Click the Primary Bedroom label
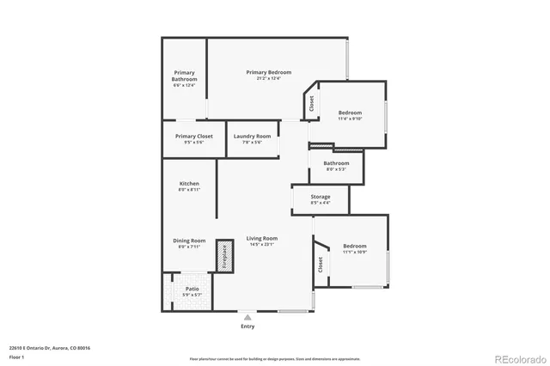pos(268,72)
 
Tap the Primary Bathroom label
pos(185,76)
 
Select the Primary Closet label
pos(193,137)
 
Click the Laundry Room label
pos(252,137)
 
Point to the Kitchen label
pos(189,185)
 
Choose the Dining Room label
pos(189,241)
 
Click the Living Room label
pos(262,238)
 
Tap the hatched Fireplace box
pos(224,255)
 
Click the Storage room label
pos(320,197)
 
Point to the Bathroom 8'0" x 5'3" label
pos(336,163)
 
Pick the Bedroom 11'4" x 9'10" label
pos(350,113)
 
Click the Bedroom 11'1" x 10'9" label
pos(355,246)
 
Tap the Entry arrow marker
pos(247,317)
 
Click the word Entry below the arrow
pos(247,326)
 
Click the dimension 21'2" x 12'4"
pos(269,78)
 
